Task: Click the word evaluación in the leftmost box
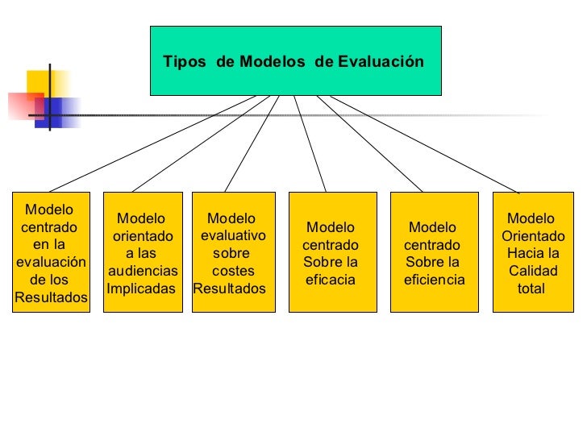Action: pyautogui.click(x=50, y=262)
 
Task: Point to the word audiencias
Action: pyautogui.click(x=143, y=272)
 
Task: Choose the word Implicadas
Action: pyautogui.click(x=141, y=288)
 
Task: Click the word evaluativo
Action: pyautogui.click(x=232, y=236)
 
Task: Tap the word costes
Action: pyautogui.click(x=233, y=272)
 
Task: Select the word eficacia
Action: pyautogui.click(x=331, y=280)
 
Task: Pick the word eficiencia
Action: pyautogui.click(x=435, y=280)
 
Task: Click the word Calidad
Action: pyautogui.click(x=533, y=272)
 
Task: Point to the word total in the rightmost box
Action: pyautogui.click(x=531, y=288)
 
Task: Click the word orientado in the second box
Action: pyautogui.click(x=143, y=236)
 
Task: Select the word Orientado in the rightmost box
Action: pyautogui.click(x=533, y=236)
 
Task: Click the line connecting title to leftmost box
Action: pyautogui.click(x=153, y=143)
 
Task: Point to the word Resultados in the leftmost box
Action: pyautogui.click(x=51, y=297)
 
